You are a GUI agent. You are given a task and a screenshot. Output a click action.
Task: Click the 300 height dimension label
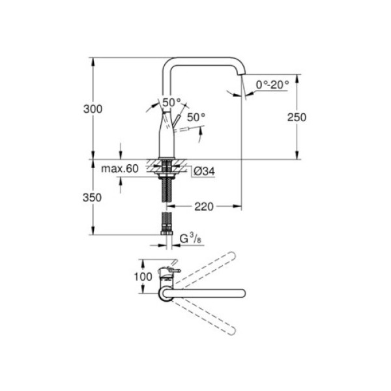tap(93, 110)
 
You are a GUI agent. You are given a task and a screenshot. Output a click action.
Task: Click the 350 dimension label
tap(93, 197)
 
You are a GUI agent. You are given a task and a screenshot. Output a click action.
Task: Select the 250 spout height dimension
tap(297, 117)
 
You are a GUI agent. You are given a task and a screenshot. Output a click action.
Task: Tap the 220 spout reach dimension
tap(205, 207)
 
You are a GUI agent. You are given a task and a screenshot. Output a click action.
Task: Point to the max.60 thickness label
tap(120, 169)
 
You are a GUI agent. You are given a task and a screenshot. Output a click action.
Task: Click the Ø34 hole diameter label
tap(202, 171)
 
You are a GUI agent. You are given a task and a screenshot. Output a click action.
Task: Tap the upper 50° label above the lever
tap(171, 102)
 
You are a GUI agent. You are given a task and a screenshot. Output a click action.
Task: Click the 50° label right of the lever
tap(195, 117)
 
